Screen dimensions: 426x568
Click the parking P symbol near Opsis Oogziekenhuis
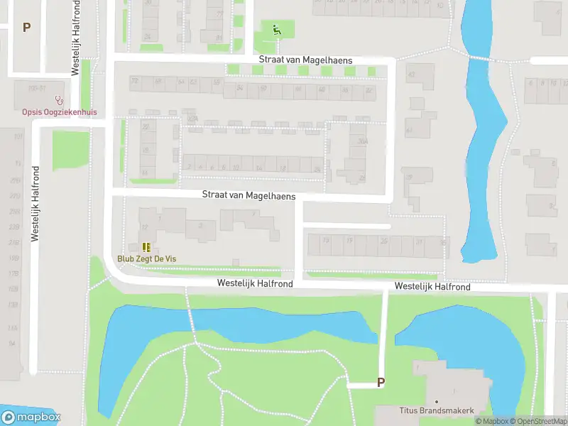pyautogui.click(x=27, y=28)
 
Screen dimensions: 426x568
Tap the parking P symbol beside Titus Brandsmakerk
pyautogui.click(x=381, y=382)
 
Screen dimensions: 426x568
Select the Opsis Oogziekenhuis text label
pyautogui.click(x=59, y=112)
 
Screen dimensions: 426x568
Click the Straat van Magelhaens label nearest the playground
pyautogui.click(x=305, y=60)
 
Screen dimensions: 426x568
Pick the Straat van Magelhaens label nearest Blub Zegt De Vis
pyautogui.click(x=248, y=195)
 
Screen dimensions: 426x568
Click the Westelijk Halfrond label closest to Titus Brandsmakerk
pyautogui.click(x=432, y=287)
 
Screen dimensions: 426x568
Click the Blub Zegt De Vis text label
pyautogui.click(x=146, y=259)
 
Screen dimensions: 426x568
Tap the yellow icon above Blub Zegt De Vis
pyautogui.click(x=146, y=247)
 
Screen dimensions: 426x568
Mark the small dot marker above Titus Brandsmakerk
pyautogui.click(x=435, y=401)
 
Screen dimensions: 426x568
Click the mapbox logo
pyautogui.click(x=31, y=417)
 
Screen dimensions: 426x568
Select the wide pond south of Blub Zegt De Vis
pyautogui.click(x=234, y=327)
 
